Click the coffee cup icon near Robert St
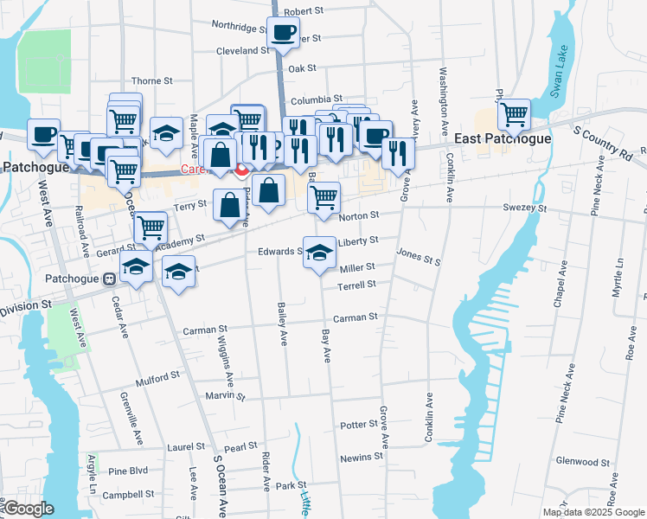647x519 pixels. pos(283,33)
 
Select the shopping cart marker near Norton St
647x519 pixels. pos(323,197)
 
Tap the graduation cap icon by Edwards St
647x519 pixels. pos(320,252)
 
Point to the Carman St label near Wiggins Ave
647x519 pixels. pos(204,330)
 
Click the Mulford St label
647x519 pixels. pos(157,376)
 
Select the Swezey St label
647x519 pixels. pos(526,208)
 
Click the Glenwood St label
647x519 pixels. pos(583,461)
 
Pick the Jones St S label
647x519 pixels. pos(419,254)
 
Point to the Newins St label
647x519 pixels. pos(361,456)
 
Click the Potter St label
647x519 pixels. pos(359,425)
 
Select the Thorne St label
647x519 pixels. pos(151,80)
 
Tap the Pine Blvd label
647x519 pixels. pos(129,471)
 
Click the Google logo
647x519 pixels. pos(29,509)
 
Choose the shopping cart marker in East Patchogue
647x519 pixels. pos(515,113)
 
